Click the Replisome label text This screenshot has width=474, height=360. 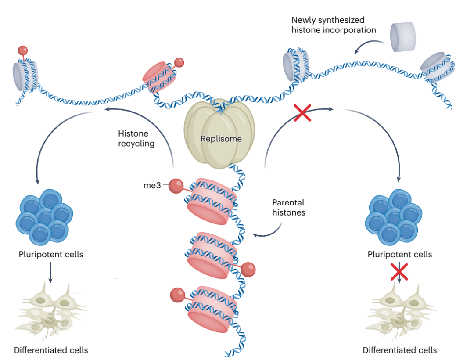pos(221,139)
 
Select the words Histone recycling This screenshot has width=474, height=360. pos(136,138)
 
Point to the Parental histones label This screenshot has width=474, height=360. pos(288,207)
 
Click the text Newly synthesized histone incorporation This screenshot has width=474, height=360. pos(334,25)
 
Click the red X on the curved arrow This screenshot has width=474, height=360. pos(302,113)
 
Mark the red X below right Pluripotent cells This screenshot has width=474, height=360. pos(399,271)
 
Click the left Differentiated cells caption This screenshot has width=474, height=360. pos(51,350)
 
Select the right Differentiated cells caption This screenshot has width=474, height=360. pos(400,350)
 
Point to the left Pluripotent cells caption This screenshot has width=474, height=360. pos(51,254)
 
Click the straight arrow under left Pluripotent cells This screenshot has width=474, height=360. pos(51,272)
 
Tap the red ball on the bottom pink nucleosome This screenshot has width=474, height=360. pos(177,294)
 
